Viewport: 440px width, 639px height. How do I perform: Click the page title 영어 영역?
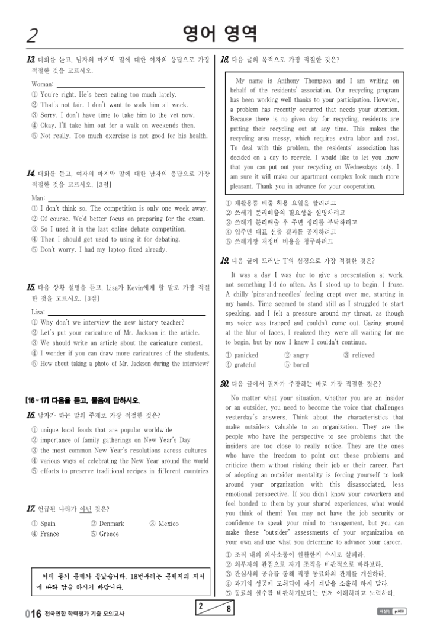click(x=220, y=34)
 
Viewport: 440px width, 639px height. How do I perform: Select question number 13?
click(x=30, y=60)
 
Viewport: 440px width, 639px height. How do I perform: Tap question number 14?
click(x=30, y=174)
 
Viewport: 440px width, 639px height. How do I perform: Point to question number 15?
click(x=30, y=287)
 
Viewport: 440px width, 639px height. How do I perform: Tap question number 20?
click(x=224, y=383)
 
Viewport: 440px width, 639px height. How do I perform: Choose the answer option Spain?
click(x=47, y=524)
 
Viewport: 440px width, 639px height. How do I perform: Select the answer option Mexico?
click(x=168, y=524)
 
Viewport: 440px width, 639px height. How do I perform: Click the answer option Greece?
click(x=109, y=534)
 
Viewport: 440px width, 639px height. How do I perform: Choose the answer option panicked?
click(x=246, y=355)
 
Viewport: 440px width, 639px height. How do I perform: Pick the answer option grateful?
click(x=246, y=365)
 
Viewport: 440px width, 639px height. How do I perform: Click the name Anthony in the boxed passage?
click(x=284, y=81)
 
